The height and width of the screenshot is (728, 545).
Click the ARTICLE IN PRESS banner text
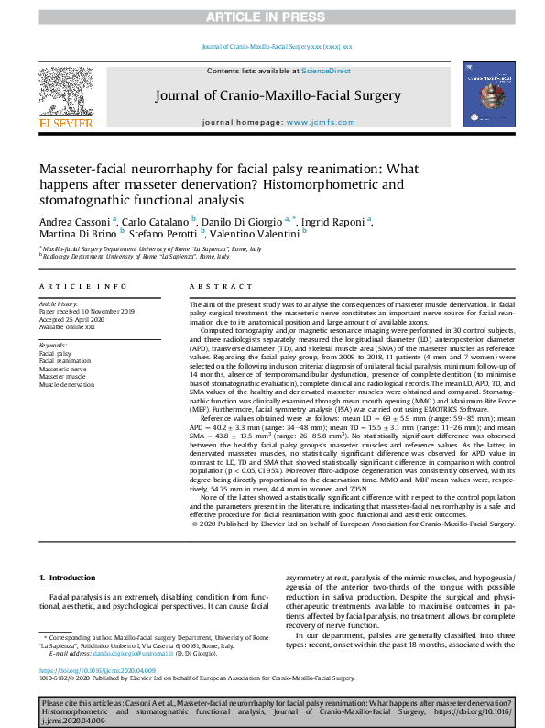tap(272, 16)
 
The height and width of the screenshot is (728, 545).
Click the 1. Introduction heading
tap(70, 577)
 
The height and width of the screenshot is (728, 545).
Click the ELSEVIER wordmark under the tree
tap(65, 122)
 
